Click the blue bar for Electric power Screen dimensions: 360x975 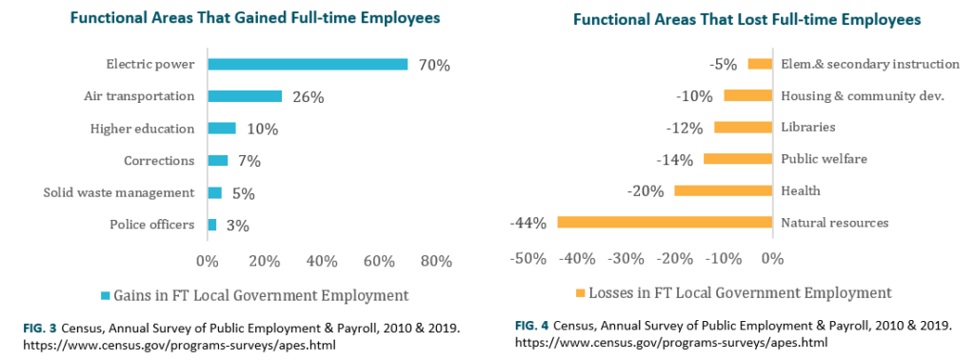point(308,65)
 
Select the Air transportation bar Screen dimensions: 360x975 point(245,96)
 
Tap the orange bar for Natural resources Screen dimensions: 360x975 point(664,223)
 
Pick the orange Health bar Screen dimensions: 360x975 point(723,190)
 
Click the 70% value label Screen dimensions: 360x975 point(434,66)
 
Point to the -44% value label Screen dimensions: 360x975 point(527,224)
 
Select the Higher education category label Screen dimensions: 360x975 point(142,129)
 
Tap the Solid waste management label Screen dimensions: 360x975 point(119,192)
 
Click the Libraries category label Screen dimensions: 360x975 point(807,127)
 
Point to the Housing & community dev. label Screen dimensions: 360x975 point(862,95)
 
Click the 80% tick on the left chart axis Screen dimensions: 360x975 point(436,261)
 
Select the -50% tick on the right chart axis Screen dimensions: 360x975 point(527,258)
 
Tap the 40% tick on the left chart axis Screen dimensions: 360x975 point(322,261)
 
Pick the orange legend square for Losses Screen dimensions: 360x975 point(578,292)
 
